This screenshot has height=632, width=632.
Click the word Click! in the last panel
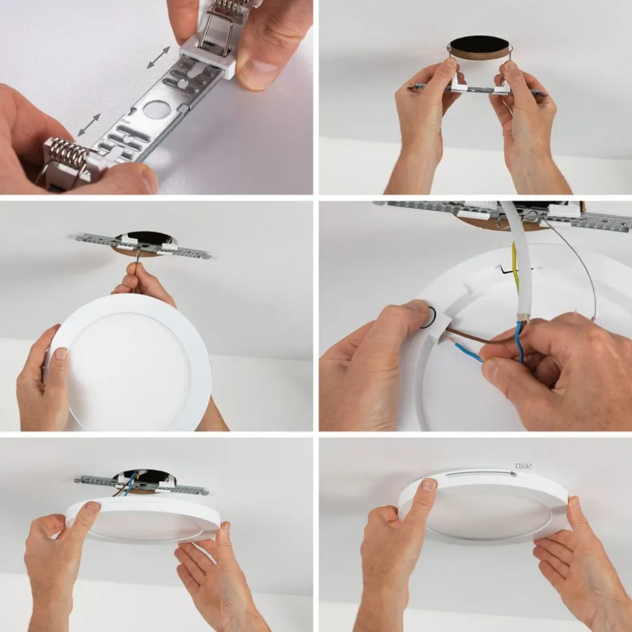(523, 466)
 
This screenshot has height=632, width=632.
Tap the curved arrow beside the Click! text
(481, 473)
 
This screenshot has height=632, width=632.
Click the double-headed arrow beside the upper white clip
(158, 57)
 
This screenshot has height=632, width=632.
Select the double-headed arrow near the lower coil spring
(89, 124)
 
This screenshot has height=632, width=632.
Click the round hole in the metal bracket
(156, 109)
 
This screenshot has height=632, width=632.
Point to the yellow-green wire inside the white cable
(515, 266)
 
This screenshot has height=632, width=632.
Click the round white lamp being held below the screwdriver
(129, 362)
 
